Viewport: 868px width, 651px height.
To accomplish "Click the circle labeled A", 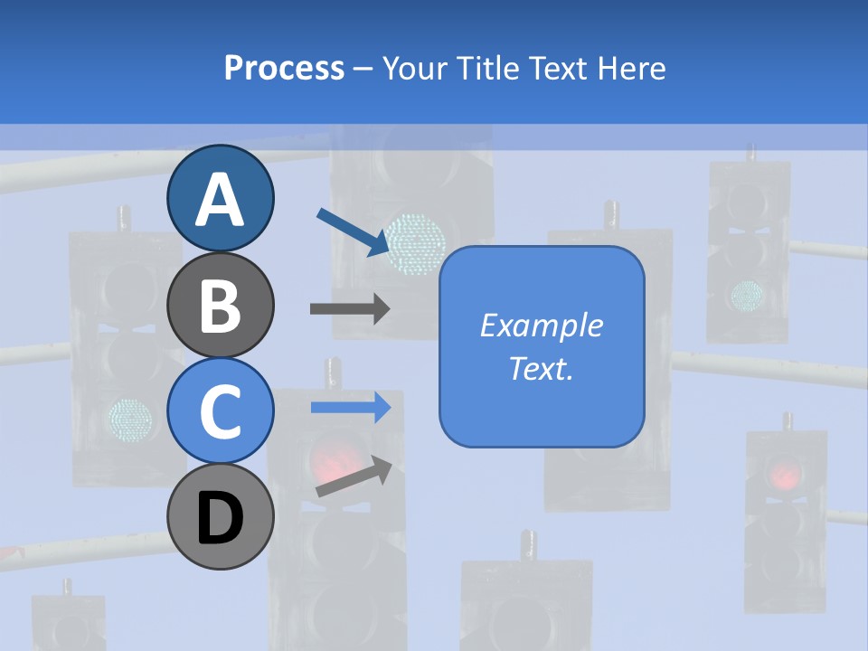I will tap(221, 198).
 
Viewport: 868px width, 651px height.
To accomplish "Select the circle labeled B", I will tap(221, 305).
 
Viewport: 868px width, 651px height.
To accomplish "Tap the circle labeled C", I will tap(221, 410).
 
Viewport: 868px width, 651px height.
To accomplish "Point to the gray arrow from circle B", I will tap(349, 308).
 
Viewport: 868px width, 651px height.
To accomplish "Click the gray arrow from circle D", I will tap(354, 478).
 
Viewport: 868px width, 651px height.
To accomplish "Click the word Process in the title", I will tap(284, 68).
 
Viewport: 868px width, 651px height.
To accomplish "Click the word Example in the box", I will tap(542, 325).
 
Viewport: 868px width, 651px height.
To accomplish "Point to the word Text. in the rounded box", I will tap(542, 368).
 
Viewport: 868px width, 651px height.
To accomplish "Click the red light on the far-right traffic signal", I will tap(785, 473).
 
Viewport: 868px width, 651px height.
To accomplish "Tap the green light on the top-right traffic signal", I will tap(747, 293).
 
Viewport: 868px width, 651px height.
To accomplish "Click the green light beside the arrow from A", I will tap(416, 242).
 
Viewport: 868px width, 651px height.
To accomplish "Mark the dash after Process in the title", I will tap(363, 70).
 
